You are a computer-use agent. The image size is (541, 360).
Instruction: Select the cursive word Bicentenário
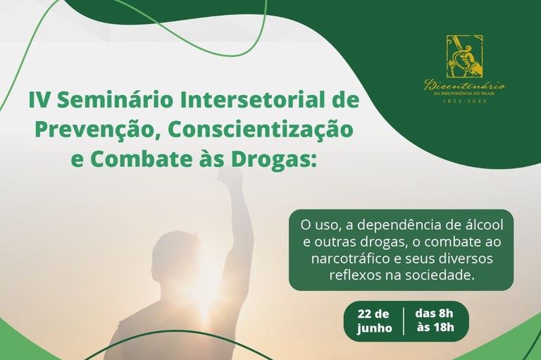tap(464, 85)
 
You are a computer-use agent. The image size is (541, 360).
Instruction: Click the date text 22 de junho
tap(373, 321)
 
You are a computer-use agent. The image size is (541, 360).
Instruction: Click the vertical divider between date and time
tap(404, 321)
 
